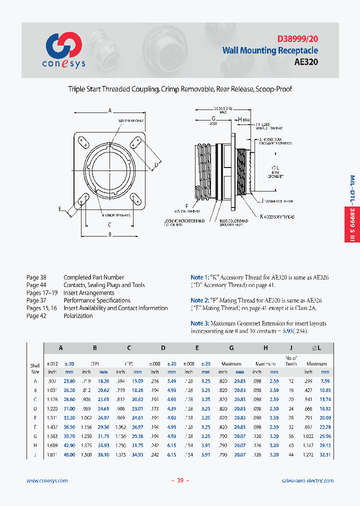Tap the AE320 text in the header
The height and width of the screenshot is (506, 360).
(x=306, y=62)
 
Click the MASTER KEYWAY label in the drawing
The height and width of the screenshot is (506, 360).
(x=131, y=121)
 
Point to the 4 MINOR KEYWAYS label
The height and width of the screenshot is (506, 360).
(x=116, y=215)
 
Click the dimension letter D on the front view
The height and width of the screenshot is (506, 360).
(x=156, y=164)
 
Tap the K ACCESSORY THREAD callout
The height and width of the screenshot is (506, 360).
(x=277, y=216)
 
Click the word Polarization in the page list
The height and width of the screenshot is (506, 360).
(x=78, y=316)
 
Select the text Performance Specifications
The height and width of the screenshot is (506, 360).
(x=97, y=300)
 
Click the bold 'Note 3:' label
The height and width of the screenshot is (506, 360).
(x=200, y=324)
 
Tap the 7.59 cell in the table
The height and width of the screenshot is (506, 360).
(x=325, y=381)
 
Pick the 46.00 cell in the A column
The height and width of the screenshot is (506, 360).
(x=69, y=454)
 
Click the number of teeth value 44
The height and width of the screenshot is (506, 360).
(x=290, y=454)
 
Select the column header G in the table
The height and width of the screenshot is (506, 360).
(x=231, y=347)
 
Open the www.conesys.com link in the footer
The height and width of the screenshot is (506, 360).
(x=47, y=480)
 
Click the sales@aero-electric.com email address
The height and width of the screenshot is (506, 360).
(x=307, y=480)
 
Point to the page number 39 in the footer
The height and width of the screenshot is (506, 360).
(x=180, y=480)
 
